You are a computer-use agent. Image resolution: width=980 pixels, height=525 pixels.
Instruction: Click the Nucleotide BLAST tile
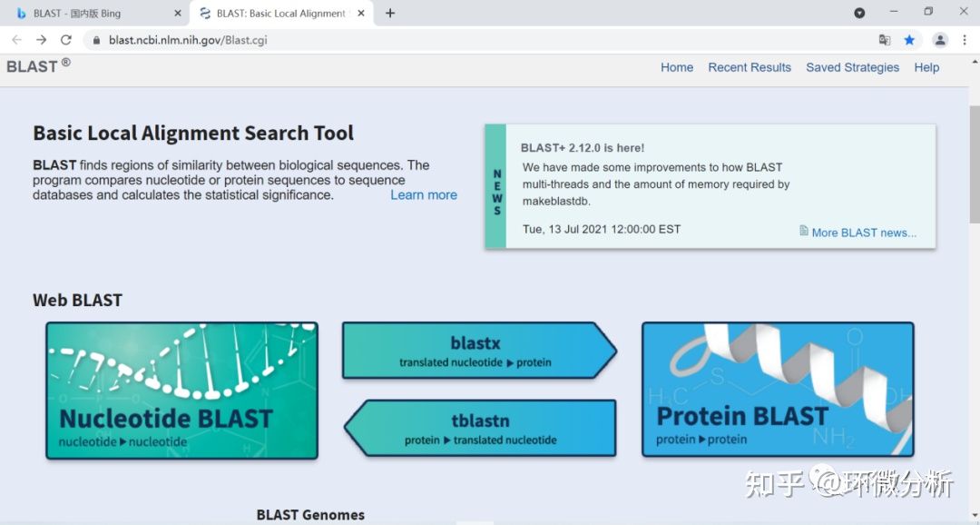(181, 391)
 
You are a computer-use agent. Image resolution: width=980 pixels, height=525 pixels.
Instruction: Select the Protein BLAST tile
(779, 390)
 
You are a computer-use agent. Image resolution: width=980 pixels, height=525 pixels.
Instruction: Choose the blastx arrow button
(479, 351)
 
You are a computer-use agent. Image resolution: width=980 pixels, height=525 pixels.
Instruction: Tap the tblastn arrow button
(480, 428)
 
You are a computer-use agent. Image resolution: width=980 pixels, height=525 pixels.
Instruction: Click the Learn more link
(424, 194)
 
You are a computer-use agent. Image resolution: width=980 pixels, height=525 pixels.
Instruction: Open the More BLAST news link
(864, 233)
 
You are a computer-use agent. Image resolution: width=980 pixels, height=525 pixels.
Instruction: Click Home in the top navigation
(677, 67)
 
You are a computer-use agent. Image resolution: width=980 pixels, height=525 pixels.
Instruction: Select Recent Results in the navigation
(750, 67)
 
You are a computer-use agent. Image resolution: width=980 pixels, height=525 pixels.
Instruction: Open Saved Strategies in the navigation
(852, 67)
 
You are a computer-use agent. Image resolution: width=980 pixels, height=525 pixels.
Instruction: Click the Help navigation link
(926, 67)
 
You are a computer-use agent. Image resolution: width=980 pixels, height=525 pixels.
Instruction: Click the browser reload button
(65, 40)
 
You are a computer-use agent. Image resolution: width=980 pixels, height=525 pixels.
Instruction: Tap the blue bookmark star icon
(909, 40)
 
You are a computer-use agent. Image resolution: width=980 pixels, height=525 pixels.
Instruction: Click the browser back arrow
(17, 40)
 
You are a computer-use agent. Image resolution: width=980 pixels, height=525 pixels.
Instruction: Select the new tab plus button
(390, 13)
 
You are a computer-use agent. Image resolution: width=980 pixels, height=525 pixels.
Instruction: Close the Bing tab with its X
(178, 13)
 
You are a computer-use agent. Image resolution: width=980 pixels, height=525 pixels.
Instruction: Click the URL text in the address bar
(188, 40)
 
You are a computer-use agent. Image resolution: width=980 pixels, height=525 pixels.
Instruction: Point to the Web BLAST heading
(77, 301)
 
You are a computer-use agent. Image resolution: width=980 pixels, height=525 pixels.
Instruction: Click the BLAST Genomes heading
(310, 515)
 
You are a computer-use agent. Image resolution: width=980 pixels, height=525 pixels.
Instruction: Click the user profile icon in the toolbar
(940, 40)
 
